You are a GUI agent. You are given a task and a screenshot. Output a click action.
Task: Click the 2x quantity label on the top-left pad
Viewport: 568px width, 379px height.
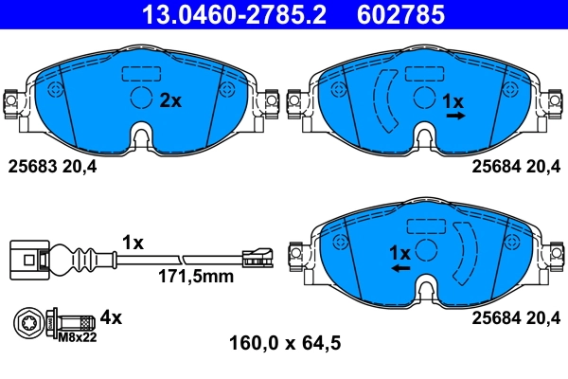pyautogui.click(x=170, y=100)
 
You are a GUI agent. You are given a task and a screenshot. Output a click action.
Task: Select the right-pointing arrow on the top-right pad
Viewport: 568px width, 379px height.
pyautogui.click(x=455, y=116)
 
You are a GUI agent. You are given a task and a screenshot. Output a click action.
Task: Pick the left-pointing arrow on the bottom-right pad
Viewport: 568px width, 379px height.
pyautogui.click(x=401, y=269)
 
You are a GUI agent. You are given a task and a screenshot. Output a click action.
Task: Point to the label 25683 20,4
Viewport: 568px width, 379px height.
pyautogui.click(x=53, y=167)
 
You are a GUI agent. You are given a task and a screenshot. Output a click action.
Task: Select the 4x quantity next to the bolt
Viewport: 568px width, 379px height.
pyautogui.click(x=113, y=317)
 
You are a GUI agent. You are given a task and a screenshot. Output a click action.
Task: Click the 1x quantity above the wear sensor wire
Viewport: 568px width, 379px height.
pyautogui.click(x=133, y=243)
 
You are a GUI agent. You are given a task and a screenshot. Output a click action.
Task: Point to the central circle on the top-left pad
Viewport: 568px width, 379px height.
pyautogui.click(x=140, y=99)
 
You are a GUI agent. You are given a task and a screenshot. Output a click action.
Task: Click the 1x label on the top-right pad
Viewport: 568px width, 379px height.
pyautogui.click(x=454, y=100)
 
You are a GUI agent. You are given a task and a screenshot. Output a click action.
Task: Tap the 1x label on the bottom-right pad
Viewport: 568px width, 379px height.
pyautogui.click(x=400, y=253)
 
